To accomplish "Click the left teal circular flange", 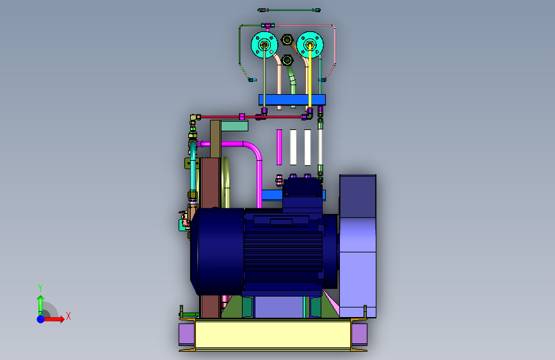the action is click(x=259, y=45).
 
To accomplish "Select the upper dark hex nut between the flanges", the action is click(x=287, y=39).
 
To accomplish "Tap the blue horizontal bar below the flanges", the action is click(x=292, y=99).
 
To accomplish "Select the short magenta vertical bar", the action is click(x=279, y=147).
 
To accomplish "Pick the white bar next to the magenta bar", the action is click(x=293, y=147).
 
